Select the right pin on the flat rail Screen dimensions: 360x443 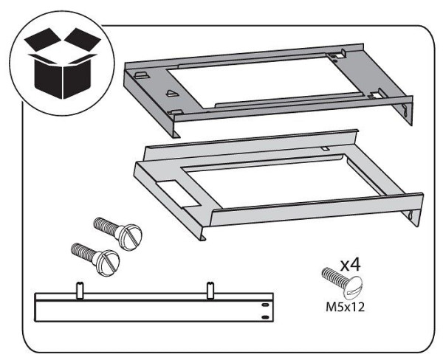[x=210, y=291]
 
